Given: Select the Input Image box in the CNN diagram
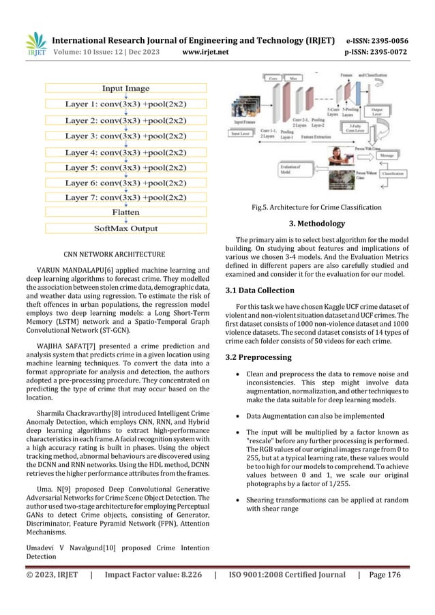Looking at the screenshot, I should [x=126, y=89].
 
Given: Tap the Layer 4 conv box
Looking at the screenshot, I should [x=126, y=151].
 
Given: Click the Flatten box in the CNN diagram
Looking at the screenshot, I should [x=126, y=213].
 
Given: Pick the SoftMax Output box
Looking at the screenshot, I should [x=126, y=228].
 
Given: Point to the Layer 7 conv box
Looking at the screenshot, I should [x=126, y=197].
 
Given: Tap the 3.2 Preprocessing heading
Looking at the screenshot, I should [x=262, y=357].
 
